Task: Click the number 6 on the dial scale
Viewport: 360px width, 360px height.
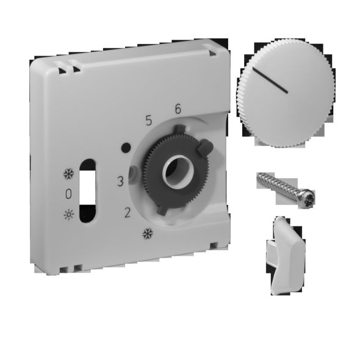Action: [x=178, y=109]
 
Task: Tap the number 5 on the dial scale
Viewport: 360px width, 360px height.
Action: [x=148, y=120]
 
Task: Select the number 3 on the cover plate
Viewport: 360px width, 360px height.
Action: [x=121, y=181]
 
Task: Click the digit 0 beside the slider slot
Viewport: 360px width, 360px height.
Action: [x=68, y=194]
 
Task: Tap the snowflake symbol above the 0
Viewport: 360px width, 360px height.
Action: [x=68, y=175]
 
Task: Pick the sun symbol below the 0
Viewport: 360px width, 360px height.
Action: [x=68, y=214]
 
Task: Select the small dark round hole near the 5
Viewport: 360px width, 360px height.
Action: [x=126, y=147]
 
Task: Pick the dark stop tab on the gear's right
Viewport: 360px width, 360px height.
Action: [x=205, y=147]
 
